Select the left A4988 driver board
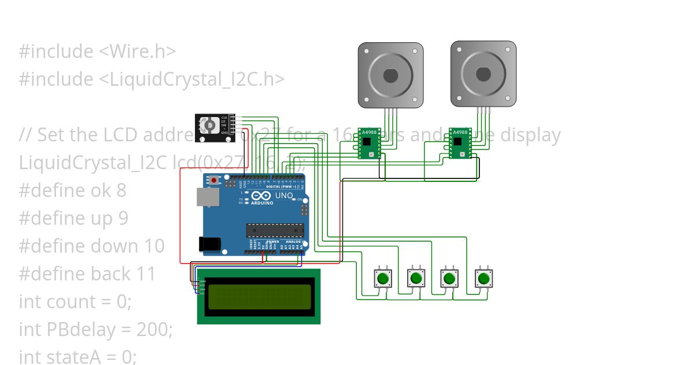(368, 143)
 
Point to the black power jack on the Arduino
(209, 244)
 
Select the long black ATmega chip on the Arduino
(275, 230)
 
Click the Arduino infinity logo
(261, 196)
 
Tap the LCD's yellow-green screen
(259, 296)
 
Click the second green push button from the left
(416, 279)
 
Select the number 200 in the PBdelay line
(152, 330)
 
